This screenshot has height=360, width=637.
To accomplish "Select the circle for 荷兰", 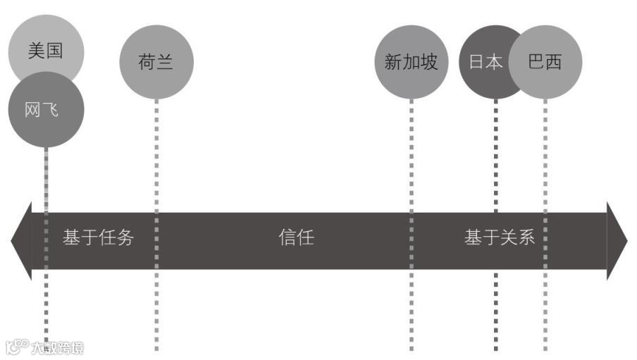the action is point(156,62).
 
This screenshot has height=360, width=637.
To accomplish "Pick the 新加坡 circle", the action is point(411,62).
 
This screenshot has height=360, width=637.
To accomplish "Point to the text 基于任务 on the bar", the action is point(98,237).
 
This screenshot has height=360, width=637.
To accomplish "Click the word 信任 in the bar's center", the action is point(297,237).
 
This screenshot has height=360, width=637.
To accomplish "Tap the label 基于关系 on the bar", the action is point(500,237).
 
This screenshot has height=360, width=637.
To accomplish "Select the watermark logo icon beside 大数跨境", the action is point(16,347).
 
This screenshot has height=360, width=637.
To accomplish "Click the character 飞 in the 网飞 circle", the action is point(51,110).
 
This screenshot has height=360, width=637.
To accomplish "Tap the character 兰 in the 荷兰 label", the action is point(165,62).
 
